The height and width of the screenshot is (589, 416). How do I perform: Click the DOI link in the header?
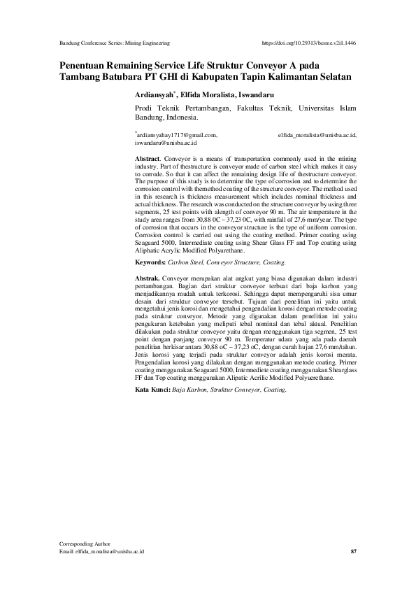(x=308, y=43)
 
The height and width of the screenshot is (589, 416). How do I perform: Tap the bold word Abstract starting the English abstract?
(x=147, y=159)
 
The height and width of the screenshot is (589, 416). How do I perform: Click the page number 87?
(x=353, y=552)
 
